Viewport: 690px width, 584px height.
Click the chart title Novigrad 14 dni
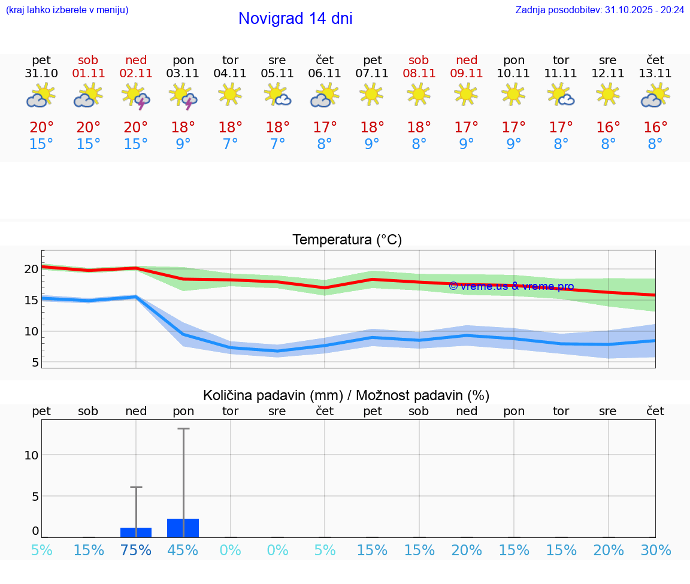coord(295,19)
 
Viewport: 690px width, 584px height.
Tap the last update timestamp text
coord(600,10)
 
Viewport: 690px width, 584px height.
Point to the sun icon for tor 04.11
coord(230,94)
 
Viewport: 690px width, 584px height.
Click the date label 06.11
coord(325,74)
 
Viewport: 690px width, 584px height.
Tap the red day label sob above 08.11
coord(419,60)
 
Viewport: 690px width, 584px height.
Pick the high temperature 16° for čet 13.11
coord(655,128)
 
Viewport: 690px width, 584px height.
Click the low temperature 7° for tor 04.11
coord(230,144)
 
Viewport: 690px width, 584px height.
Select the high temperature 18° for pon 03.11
coord(183,128)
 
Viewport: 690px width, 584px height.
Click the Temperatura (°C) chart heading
coord(347,240)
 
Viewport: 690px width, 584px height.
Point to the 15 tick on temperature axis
coord(31,300)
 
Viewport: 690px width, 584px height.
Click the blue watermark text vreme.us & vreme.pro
coord(511,286)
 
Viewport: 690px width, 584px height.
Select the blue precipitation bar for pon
coord(183,528)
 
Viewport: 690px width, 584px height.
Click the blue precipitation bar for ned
coord(136,532)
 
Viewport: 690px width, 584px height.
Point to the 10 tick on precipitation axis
coord(31,455)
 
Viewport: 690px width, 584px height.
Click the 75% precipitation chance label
coord(136,550)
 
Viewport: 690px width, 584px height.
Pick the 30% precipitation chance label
coord(655,550)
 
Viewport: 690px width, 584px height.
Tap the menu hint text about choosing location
coord(67,10)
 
